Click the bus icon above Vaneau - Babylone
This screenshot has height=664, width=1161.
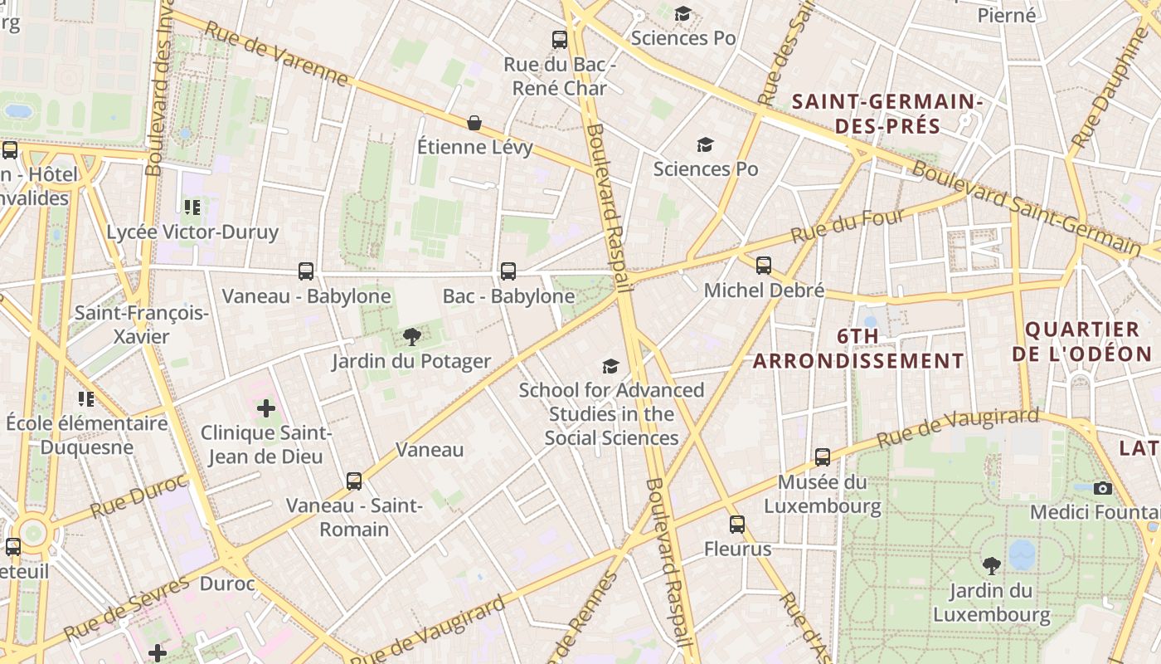(306, 271)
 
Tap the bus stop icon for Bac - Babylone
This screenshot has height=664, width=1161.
(508, 271)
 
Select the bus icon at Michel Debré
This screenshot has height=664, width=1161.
(764, 265)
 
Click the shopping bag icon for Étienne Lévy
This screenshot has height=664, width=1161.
(474, 123)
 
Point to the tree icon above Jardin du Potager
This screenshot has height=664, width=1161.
(411, 336)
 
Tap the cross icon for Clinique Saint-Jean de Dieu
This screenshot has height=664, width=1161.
(266, 408)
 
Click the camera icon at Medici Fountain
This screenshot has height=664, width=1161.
(1102, 487)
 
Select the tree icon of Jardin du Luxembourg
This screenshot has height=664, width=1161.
(991, 566)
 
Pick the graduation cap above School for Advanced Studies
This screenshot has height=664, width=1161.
(611, 366)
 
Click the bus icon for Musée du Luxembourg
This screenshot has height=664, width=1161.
(822, 456)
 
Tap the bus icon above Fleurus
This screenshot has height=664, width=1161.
(737, 524)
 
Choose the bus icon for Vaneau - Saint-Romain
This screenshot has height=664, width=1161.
(354, 481)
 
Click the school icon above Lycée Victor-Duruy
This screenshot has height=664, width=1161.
(192, 207)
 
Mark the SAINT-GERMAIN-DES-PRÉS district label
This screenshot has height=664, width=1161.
(887, 115)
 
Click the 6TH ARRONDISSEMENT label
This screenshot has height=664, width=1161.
(858, 349)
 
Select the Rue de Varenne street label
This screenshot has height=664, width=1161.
(275, 53)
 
